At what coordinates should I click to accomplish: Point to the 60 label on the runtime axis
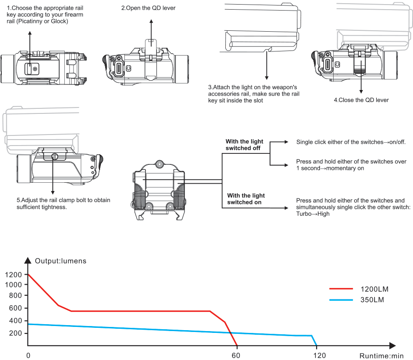[236, 355]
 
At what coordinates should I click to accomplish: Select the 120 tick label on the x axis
[319, 355]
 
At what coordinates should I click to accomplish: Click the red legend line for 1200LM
[341, 289]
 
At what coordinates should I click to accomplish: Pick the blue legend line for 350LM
[341, 300]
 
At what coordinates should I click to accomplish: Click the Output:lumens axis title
[61, 261]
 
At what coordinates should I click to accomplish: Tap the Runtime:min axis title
[381, 355]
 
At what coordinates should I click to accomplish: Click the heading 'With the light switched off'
[243, 145]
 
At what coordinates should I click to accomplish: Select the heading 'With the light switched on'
[246, 199]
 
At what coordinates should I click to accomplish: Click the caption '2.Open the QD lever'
[148, 8]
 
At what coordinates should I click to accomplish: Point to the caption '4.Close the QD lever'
[361, 100]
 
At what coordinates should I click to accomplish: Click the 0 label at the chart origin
[28, 355]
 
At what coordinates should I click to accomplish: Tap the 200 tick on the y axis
[15, 332]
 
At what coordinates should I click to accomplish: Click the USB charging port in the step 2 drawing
[119, 68]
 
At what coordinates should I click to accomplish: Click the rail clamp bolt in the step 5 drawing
[53, 157]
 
